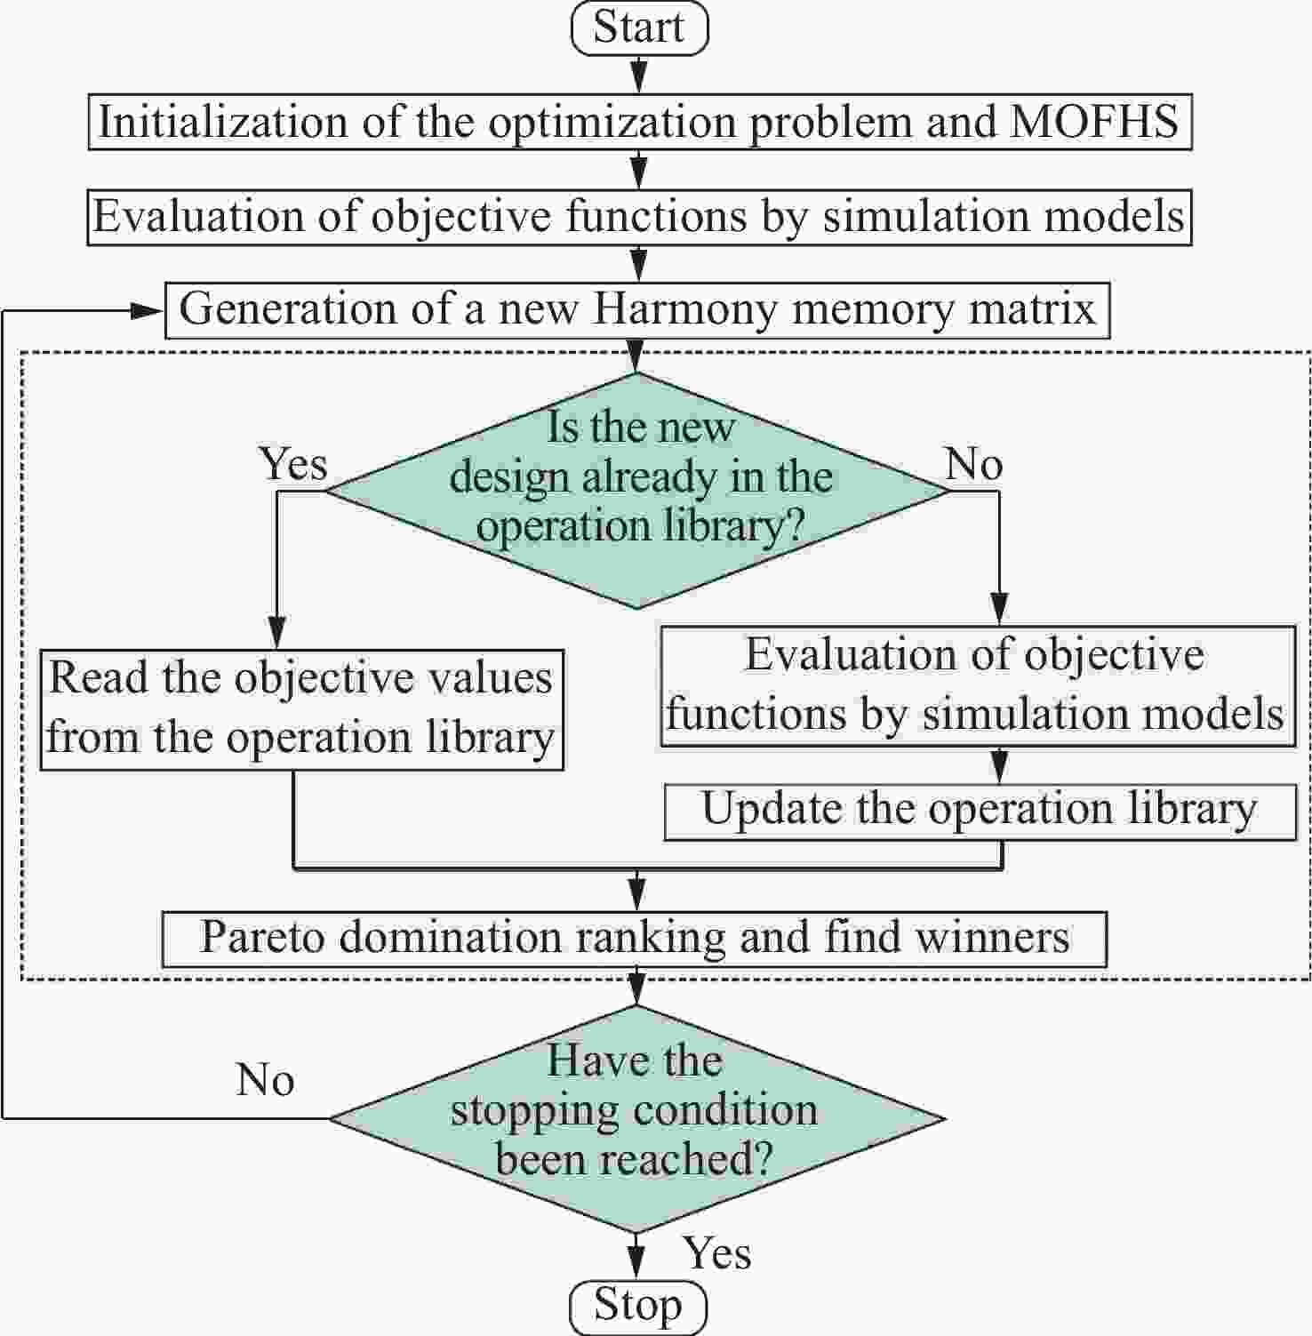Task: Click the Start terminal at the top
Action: pyautogui.click(x=638, y=28)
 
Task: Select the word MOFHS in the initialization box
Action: pyautogui.click(x=1094, y=122)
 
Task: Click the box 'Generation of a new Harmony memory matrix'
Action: pyautogui.click(x=637, y=310)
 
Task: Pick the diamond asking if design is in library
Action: pyautogui.click(x=636, y=490)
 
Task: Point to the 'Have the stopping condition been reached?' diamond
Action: pyautogui.click(x=636, y=1118)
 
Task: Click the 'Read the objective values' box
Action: pyautogui.click(x=302, y=708)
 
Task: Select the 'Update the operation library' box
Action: pyautogui.click(x=980, y=811)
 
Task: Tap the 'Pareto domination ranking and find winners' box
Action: pyautogui.click(x=634, y=939)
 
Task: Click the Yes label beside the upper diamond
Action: pyautogui.click(x=293, y=464)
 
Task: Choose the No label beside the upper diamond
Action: pyautogui.click(x=974, y=464)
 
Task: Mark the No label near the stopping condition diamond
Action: pyautogui.click(x=265, y=1080)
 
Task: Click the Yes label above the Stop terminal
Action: pyautogui.click(x=716, y=1253)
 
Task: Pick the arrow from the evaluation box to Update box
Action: pyautogui.click(x=1001, y=764)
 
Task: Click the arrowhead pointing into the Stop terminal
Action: pyautogui.click(x=636, y=1264)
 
